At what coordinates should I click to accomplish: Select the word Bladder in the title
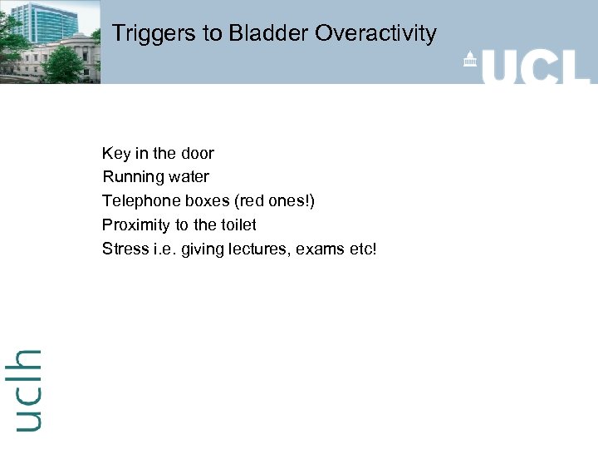223,34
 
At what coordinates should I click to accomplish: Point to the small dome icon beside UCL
469,60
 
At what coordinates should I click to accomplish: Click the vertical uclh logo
27,389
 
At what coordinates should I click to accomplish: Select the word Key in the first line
115,154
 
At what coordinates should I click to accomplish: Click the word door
197,154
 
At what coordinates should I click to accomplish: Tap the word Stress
124,249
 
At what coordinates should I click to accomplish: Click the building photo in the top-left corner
50,42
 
